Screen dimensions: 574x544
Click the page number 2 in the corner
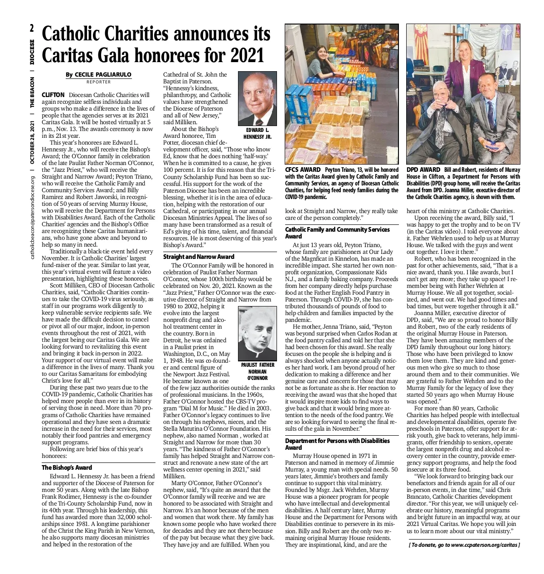pyautogui.click(x=32, y=29)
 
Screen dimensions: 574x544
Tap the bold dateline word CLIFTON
pyautogui.click(x=53, y=95)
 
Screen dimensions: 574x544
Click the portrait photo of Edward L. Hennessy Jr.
pyautogui.click(x=257, y=98)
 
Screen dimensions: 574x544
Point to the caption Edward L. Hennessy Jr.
pyautogui.click(x=257, y=133)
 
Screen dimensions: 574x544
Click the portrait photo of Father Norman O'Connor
pyautogui.click(x=257, y=332)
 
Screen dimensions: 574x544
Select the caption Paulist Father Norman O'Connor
pyautogui.click(x=257, y=371)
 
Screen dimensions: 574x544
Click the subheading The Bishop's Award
pyautogui.click(x=67, y=467)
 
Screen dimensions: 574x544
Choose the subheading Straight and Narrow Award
pyautogui.click(x=199, y=257)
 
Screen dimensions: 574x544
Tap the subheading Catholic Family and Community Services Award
pyautogui.click(x=337, y=233)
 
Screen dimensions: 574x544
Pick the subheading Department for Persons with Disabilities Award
pyautogui.click(x=337, y=444)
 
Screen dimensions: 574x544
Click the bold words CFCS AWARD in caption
pyautogui.click(x=302, y=170)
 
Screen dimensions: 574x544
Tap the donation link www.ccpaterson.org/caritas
pyautogui.click(x=485, y=545)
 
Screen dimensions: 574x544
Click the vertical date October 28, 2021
pyautogui.click(x=32, y=146)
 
